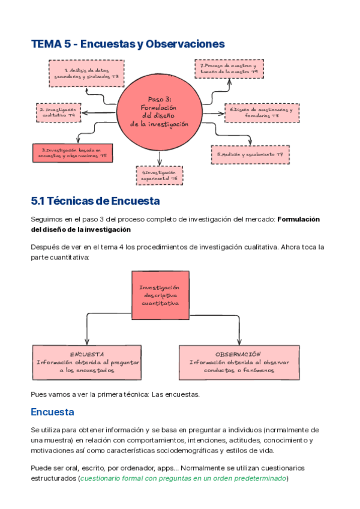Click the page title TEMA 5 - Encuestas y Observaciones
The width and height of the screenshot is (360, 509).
coord(128,44)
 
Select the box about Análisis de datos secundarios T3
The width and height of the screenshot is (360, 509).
coord(85,73)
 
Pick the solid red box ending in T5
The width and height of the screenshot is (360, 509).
coord(74,152)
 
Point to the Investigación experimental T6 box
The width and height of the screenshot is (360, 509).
coord(160,175)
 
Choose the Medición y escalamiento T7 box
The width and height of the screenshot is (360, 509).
coord(250,155)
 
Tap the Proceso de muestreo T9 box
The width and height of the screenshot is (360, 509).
coord(229,68)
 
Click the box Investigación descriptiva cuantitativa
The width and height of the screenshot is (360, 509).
coord(160,295)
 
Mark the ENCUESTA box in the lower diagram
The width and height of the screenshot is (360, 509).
coord(87,363)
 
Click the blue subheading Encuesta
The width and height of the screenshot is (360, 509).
coord(52,412)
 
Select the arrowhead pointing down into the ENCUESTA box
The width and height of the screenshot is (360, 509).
coord(88,343)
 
